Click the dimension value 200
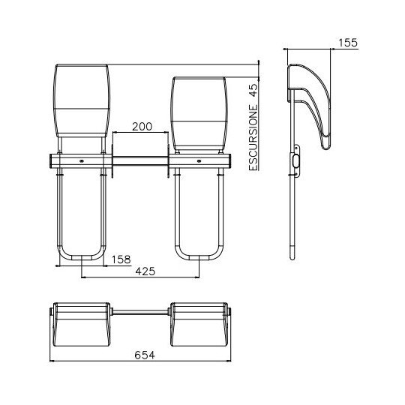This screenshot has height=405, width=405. [x=142, y=127]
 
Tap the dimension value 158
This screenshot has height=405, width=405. [x=121, y=259]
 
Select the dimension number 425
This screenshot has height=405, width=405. [x=145, y=271]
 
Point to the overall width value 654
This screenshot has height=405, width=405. [x=145, y=355]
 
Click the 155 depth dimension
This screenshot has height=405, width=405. [x=348, y=43]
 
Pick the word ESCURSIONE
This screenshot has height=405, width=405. [x=253, y=137]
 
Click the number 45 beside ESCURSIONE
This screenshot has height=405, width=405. [x=253, y=90]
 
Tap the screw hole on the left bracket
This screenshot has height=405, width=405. [x=82, y=161]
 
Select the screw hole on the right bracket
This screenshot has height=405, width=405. [x=199, y=161]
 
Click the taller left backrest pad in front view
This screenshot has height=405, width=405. [x=82, y=100]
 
